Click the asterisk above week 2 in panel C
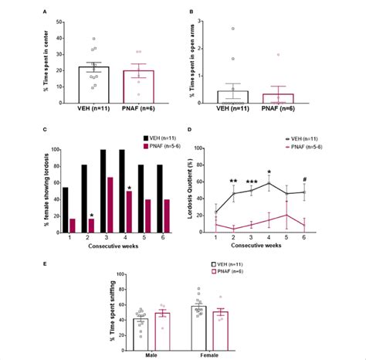[x=93, y=215]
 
